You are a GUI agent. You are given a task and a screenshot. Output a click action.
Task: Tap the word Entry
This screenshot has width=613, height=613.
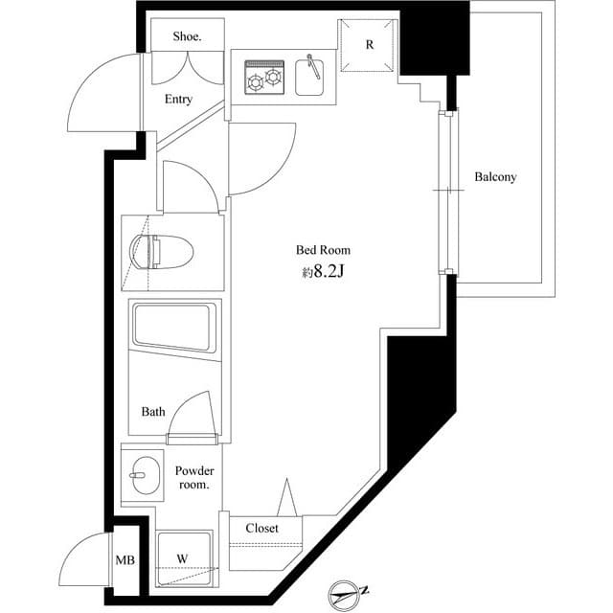[178, 100]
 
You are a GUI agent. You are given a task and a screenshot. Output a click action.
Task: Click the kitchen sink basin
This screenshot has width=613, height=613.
[312, 77]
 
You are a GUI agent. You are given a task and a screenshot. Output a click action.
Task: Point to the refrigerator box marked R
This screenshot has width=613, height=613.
[370, 45]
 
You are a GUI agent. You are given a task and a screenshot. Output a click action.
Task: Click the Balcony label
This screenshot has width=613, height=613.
[495, 177]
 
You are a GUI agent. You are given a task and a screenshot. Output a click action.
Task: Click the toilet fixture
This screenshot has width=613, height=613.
[164, 252]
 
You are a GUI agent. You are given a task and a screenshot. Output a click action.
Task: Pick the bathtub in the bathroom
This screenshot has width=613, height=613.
[175, 327]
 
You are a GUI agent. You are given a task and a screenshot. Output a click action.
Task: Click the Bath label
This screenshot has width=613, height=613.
[153, 412]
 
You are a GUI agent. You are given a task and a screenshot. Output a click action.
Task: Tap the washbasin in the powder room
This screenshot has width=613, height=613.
[142, 473]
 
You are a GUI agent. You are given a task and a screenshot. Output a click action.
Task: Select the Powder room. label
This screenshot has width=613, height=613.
[194, 478]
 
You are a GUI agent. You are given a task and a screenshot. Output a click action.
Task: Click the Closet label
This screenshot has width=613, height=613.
[261, 528]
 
